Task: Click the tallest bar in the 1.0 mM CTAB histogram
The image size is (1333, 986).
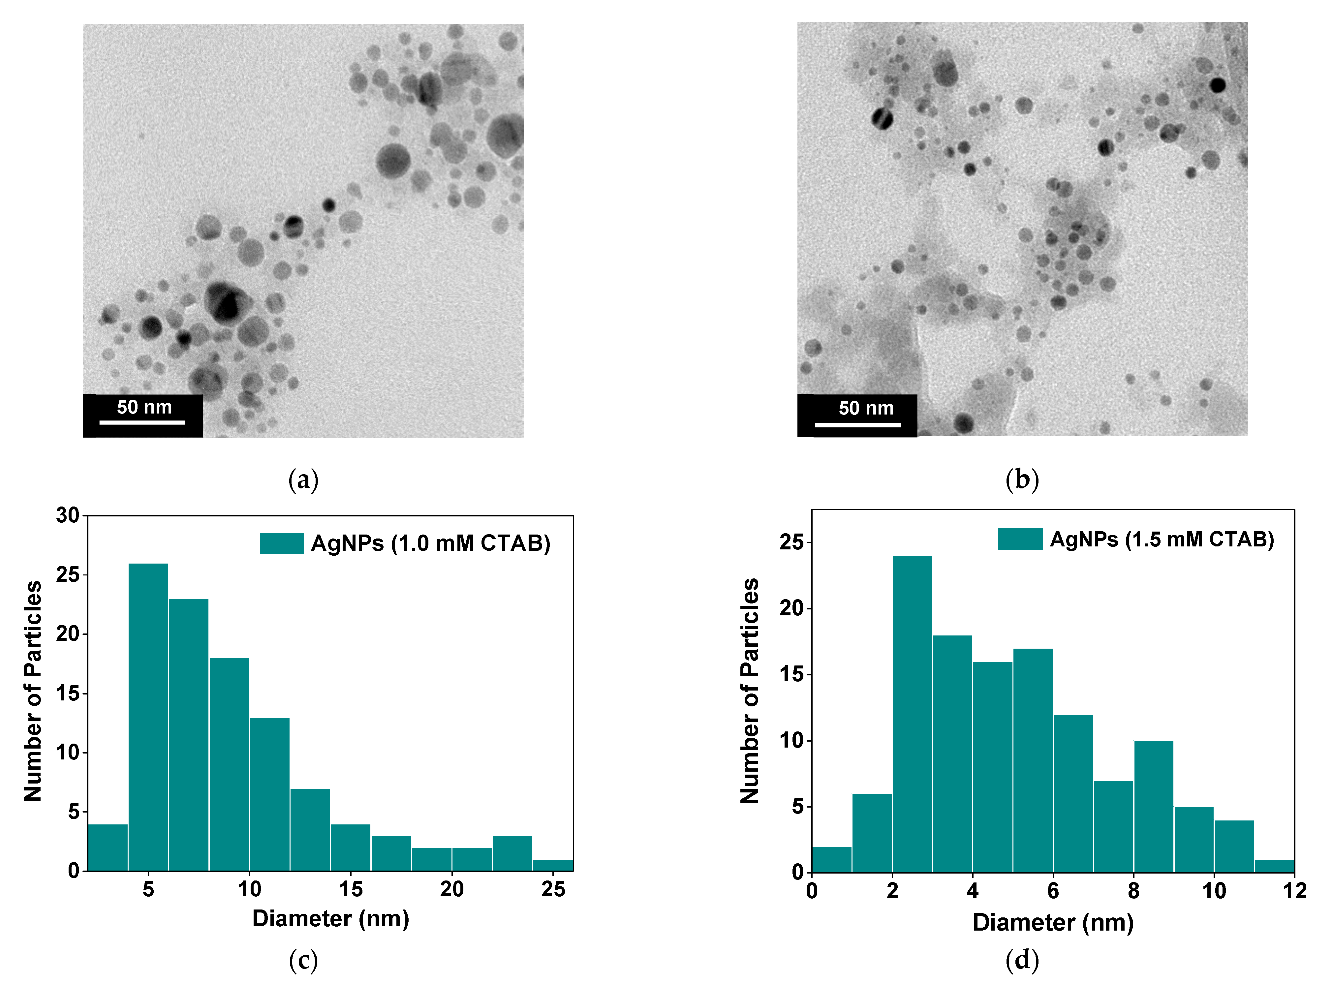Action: (x=148, y=716)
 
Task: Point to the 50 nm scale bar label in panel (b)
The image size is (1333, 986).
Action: (x=866, y=408)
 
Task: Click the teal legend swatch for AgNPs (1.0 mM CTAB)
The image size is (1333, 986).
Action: (x=281, y=543)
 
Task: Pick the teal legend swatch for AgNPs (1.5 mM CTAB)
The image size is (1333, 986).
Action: (x=1020, y=539)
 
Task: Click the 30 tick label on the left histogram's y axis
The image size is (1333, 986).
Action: (x=68, y=515)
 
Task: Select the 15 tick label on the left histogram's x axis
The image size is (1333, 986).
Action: (x=351, y=889)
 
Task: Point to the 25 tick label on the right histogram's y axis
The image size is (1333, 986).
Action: (x=791, y=542)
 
